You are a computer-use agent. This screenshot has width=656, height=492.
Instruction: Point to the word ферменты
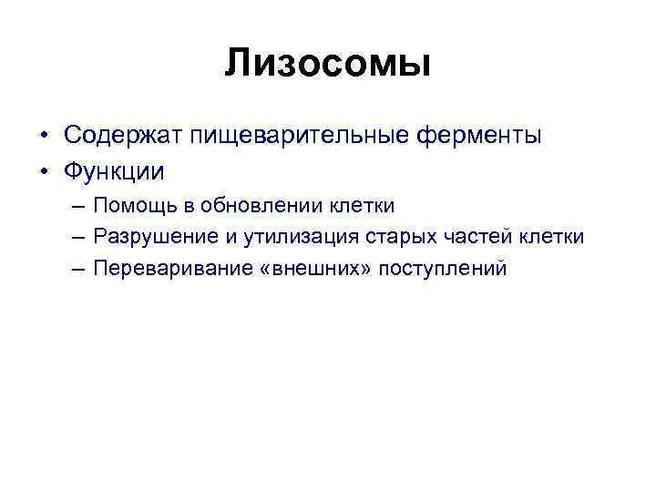pos(480,137)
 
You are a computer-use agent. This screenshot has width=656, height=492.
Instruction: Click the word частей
pos(471,237)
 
